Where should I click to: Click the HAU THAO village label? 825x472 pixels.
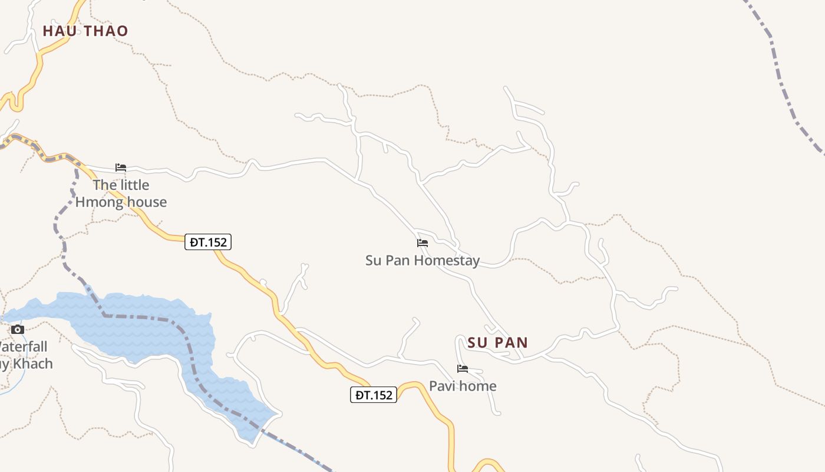coord(85,31)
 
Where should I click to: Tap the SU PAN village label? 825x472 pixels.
coord(498,342)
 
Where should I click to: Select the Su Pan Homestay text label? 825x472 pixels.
coord(423,260)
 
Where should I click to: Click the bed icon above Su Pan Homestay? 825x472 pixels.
coord(423,242)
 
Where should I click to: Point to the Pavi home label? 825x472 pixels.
coord(463,386)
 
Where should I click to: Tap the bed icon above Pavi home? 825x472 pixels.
coord(463,369)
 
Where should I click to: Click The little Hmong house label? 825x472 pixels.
coord(121,194)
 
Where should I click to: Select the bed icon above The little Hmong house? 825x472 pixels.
coord(121,168)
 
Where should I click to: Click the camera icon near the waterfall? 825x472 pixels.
coord(18,329)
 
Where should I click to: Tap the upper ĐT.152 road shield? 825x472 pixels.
coord(208,242)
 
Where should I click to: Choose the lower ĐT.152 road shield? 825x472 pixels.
coord(374,395)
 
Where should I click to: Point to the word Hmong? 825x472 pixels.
coord(100,202)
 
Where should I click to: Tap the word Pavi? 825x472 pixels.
coord(441,386)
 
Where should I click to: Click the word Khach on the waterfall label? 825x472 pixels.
coord(33,363)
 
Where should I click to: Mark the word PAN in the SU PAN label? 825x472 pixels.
coord(511,342)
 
